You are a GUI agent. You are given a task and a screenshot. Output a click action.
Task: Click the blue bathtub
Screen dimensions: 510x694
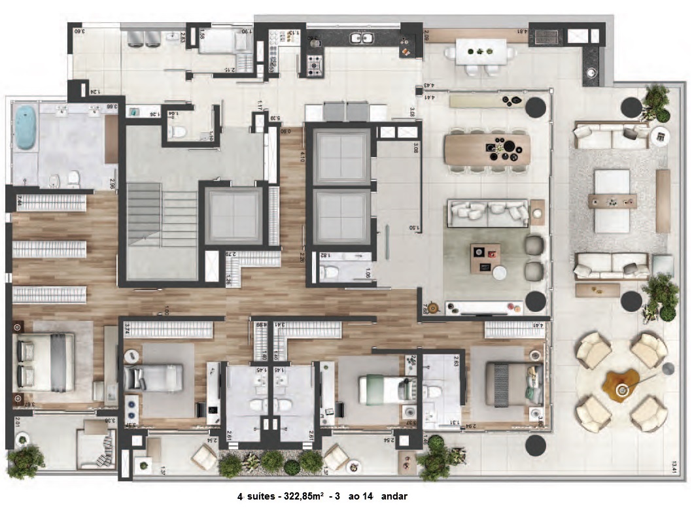[26, 127]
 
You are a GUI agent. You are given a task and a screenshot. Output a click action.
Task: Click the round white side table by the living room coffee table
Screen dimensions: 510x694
[502, 273]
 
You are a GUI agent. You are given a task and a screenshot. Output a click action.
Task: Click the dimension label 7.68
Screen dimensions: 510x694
[426, 308]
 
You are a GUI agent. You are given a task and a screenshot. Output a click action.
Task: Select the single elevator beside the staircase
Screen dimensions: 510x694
[234, 215]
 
